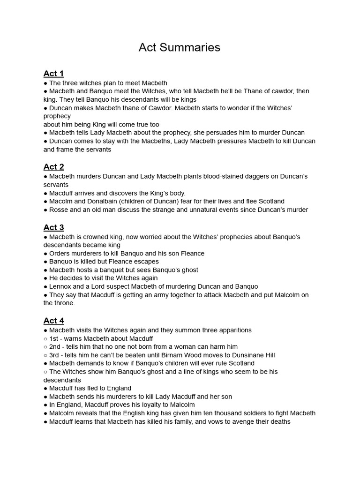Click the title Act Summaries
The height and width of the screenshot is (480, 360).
pos(180,48)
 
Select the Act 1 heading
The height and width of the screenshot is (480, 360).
pos(53,74)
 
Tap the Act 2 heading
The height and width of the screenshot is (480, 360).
pos(53,167)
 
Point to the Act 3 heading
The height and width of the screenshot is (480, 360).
pos(53,227)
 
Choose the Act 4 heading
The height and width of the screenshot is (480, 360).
pos(53,321)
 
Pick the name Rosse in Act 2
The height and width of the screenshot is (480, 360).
pos(59,210)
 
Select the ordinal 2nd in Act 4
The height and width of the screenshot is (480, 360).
pos(55,347)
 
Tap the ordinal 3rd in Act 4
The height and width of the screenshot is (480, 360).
pos(54,355)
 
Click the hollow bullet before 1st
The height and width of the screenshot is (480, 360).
pos(45,339)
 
